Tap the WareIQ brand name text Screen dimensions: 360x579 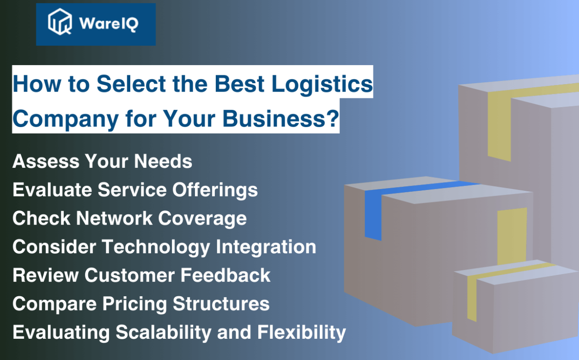click(109, 24)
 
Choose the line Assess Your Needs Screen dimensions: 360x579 click(102, 161)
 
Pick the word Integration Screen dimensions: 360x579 click(266, 247)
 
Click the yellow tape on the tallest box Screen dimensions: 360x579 click(499, 125)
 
